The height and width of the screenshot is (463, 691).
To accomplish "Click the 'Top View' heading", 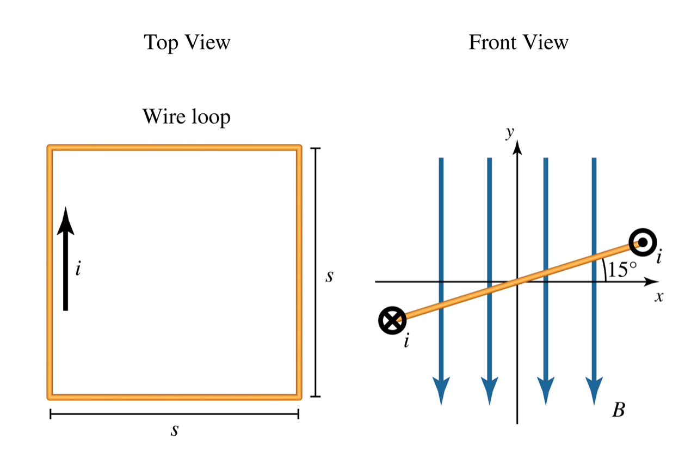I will click(x=187, y=42).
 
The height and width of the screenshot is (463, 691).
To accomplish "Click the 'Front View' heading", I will click(x=518, y=42).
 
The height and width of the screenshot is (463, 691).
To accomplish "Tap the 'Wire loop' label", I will click(x=186, y=117).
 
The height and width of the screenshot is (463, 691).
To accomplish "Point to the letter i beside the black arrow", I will click(x=78, y=269).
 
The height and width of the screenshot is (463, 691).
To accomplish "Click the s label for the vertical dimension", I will click(x=329, y=277).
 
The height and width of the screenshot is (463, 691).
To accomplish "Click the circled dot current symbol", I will click(x=643, y=241).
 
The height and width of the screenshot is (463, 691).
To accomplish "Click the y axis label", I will click(x=510, y=132).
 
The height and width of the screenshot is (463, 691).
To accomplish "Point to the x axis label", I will click(x=659, y=297).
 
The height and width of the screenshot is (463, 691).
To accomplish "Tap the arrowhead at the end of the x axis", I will click(x=651, y=282).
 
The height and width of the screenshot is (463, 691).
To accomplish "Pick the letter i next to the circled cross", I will click(x=406, y=342).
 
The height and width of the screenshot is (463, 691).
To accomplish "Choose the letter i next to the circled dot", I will click(x=659, y=257).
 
